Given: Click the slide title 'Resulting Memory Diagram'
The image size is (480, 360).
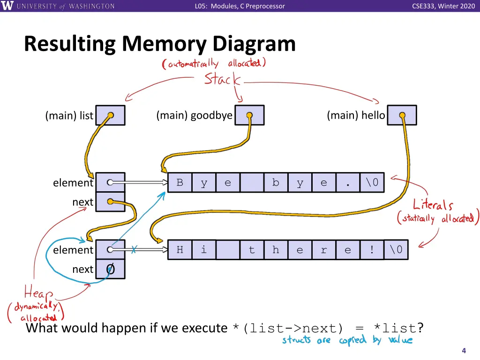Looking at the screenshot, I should (x=160, y=44).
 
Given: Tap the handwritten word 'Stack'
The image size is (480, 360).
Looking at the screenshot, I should (x=222, y=79).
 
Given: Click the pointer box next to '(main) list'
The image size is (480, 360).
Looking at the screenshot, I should (x=110, y=115).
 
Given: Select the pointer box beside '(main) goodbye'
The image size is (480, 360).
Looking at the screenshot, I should (x=249, y=115).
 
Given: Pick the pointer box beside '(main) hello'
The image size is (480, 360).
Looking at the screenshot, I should (x=402, y=115).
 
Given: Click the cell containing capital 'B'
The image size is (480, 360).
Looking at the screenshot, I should (x=180, y=183).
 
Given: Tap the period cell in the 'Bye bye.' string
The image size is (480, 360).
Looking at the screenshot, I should (x=348, y=183).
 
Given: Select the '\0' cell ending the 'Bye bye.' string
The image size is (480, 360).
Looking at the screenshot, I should (x=372, y=183).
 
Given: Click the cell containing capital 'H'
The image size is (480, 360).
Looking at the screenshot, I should (x=180, y=250).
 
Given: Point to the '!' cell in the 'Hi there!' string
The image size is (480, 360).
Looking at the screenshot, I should (x=372, y=250).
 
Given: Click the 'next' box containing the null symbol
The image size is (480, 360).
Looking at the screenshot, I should (x=110, y=270).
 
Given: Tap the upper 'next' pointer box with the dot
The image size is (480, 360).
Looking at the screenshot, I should (x=110, y=202).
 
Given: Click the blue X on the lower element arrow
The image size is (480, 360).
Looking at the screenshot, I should (x=134, y=250).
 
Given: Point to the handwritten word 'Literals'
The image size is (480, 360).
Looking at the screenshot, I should (x=433, y=205).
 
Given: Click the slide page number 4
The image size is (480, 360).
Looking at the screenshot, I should (x=464, y=351).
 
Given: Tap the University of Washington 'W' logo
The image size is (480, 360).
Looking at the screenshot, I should (x=8, y=6).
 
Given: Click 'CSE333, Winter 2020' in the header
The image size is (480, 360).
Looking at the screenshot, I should (x=443, y=6).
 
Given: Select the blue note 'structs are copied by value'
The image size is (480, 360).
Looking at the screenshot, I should (x=347, y=340).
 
